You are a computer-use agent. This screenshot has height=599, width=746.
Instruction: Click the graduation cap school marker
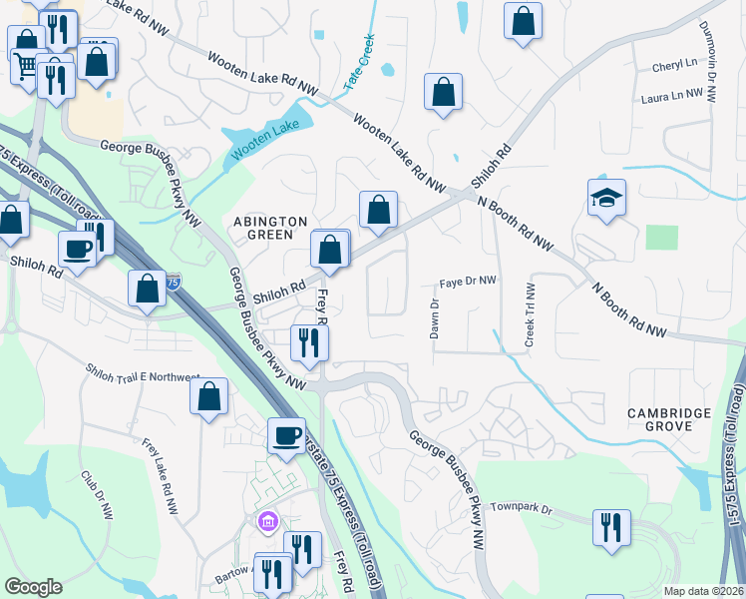[605, 199]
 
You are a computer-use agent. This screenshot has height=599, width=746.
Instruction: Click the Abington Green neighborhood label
[263, 227]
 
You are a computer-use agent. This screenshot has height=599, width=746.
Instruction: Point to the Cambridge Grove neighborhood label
[668, 419]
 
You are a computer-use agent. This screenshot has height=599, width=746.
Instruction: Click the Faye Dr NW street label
[469, 282]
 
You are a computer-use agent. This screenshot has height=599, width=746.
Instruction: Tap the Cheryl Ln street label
[675, 66]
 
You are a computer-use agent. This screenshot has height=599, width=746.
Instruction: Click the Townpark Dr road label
[521, 509]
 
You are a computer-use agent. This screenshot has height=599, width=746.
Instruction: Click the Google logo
[33, 586]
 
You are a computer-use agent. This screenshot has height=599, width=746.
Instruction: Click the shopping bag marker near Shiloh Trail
[208, 395]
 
